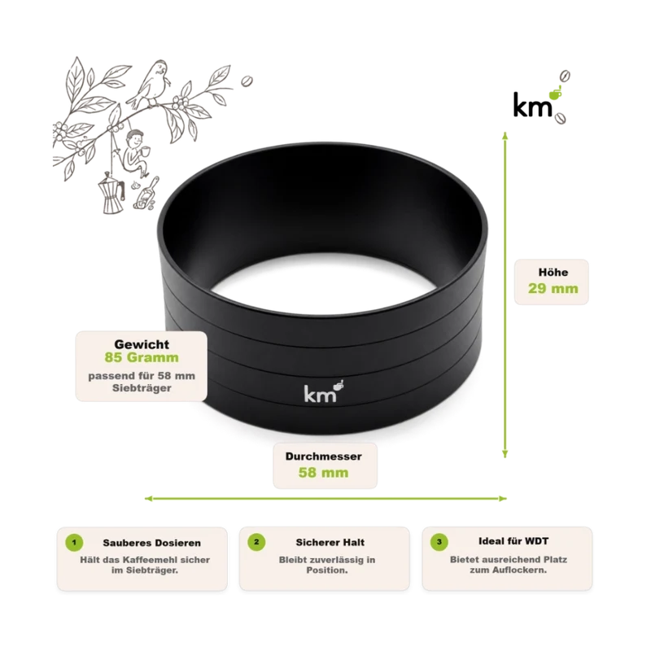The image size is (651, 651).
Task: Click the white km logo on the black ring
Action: click(x=324, y=391)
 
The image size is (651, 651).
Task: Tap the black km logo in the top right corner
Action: click(x=540, y=98)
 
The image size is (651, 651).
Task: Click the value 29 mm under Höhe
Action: click(x=553, y=289)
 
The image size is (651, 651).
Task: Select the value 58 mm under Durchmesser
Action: click(x=323, y=473)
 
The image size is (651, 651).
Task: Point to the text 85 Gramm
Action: click(x=142, y=357)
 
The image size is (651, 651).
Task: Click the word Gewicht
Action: click(x=142, y=344)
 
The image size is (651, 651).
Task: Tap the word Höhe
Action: click(x=553, y=273)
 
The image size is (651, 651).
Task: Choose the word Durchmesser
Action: click(x=323, y=457)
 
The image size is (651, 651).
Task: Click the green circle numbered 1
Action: click(x=74, y=542)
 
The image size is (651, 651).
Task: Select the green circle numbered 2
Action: click(x=256, y=542)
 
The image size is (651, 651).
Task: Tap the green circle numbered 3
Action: click(x=439, y=542)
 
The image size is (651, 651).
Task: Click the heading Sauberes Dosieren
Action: click(x=151, y=543)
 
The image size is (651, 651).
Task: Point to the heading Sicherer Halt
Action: click(x=330, y=542)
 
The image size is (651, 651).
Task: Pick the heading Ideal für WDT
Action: click(x=513, y=541)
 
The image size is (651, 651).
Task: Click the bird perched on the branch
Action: click(x=150, y=85)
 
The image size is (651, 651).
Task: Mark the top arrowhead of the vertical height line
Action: click(x=505, y=135)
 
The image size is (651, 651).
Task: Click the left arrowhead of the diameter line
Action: click(x=149, y=498)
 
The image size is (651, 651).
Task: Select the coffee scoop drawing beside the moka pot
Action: click(x=146, y=195)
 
